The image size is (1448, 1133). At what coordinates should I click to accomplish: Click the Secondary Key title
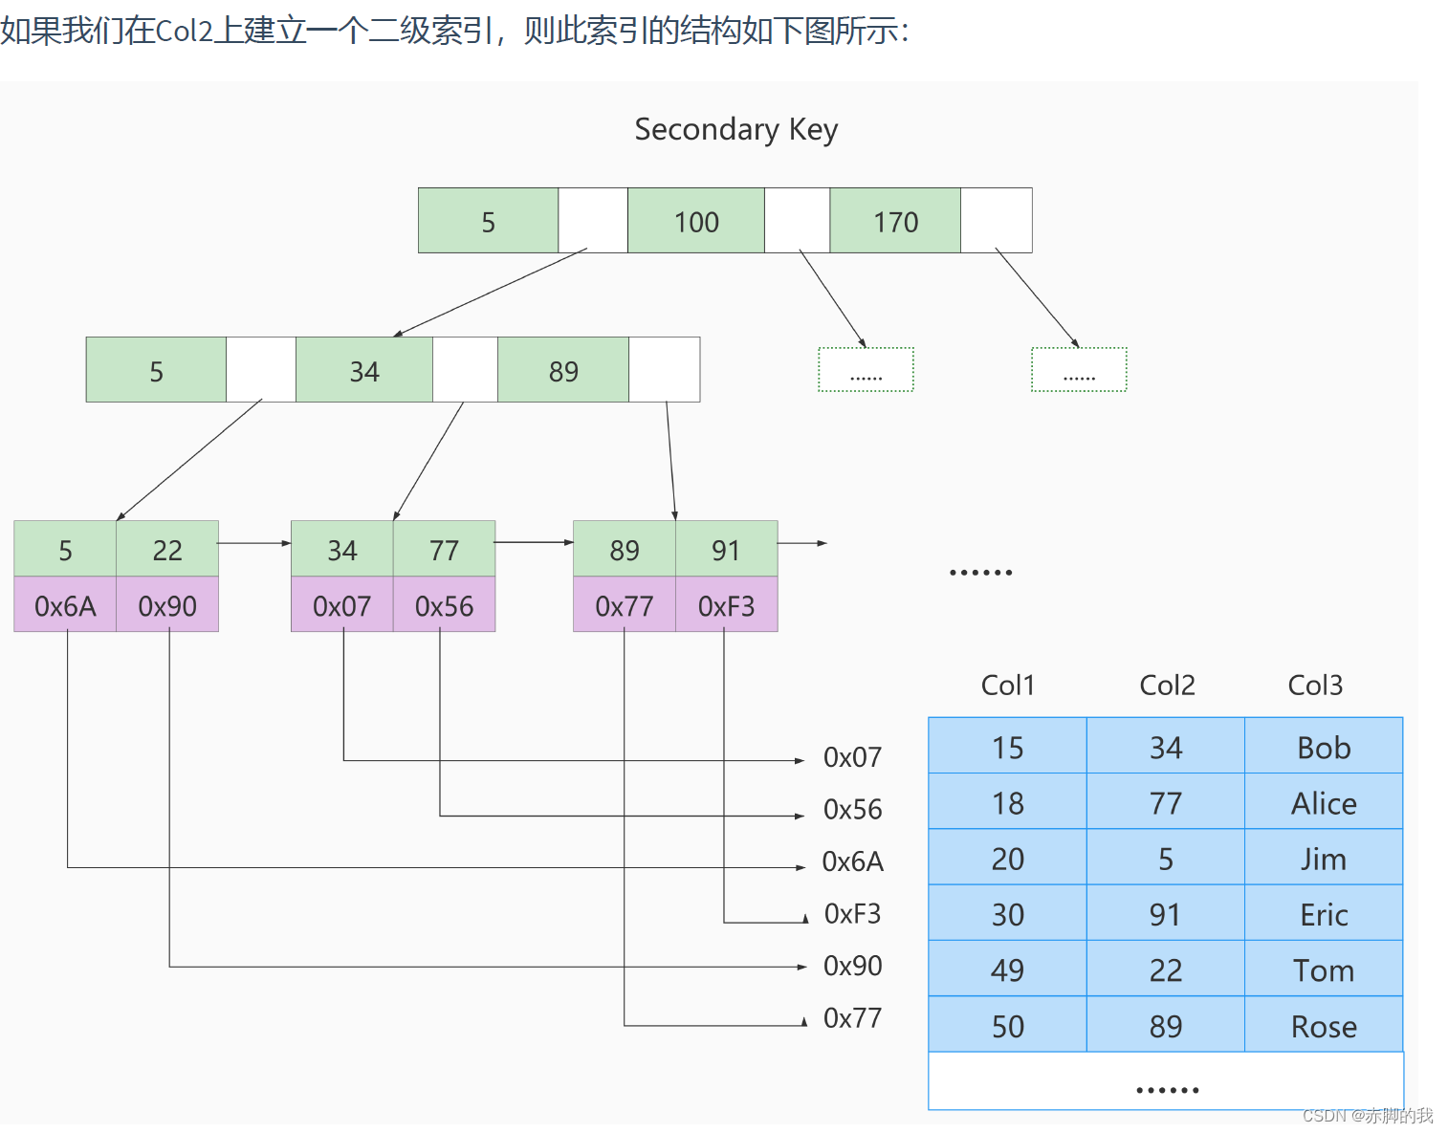735,129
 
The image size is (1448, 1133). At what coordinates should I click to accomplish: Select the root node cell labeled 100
695,221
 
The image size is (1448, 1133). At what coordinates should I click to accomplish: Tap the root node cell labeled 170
895,221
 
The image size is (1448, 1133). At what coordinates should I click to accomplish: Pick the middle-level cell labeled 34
363,370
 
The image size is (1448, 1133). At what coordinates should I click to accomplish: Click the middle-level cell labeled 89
563,370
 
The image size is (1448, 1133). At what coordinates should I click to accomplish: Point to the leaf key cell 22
167,549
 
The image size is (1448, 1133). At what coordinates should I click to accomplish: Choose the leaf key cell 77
444,549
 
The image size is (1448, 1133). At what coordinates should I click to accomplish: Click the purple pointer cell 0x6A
65,605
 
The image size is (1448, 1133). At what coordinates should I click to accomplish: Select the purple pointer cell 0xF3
726,605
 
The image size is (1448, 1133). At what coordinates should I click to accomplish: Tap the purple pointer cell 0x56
444,605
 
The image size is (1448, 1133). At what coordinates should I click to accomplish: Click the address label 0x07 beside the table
852,757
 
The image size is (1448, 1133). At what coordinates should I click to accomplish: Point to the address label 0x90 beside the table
852,966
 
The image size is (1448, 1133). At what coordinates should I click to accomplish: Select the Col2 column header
1167,685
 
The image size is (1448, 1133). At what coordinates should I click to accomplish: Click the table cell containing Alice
1324,802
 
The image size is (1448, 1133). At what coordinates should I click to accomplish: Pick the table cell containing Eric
1324,914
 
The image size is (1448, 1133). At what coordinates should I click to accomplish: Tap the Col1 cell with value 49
1007,970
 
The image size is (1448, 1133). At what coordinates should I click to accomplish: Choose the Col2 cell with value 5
1165,858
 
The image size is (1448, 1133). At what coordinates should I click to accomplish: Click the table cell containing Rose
1324,1025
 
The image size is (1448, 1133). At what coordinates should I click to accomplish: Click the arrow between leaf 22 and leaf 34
254,543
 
